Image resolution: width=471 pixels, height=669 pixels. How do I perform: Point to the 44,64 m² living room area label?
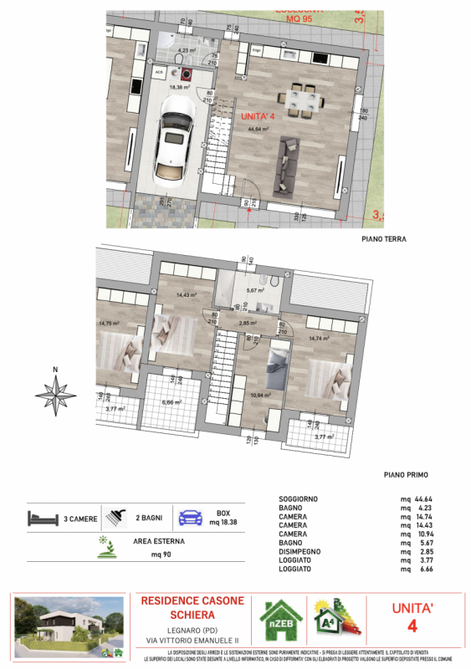(258, 130)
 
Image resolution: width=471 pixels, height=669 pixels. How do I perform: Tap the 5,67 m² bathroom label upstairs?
(254, 290)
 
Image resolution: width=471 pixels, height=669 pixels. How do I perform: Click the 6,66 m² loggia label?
(173, 401)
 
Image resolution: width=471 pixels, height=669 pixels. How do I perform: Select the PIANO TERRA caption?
(383, 239)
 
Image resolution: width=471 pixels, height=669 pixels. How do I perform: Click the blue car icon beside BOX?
(192, 518)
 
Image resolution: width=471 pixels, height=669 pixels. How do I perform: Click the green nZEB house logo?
(280, 622)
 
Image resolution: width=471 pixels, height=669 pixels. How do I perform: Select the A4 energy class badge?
(337, 620)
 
